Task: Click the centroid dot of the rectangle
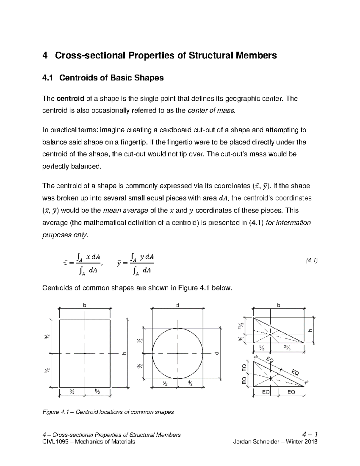click(85, 353)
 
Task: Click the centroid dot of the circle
click(178, 353)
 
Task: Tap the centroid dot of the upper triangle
click(271, 334)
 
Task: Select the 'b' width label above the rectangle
click(85, 305)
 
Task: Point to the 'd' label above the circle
click(178, 305)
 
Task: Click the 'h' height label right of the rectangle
click(123, 353)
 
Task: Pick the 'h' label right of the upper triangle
click(310, 330)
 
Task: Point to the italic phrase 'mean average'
click(125, 211)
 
